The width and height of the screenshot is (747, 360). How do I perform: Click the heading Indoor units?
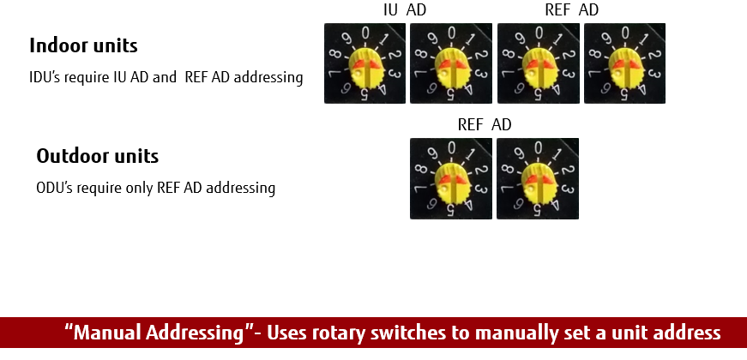click(x=83, y=45)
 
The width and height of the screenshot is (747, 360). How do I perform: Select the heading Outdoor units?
click(x=97, y=157)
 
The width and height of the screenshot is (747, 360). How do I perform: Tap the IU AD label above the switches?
click(x=404, y=10)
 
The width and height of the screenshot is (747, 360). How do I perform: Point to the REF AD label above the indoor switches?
click(x=571, y=10)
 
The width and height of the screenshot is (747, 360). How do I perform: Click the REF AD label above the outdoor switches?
click(x=484, y=125)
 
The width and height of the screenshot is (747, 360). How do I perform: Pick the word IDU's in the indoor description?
click(x=45, y=77)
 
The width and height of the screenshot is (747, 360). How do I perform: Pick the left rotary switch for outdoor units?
click(x=451, y=178)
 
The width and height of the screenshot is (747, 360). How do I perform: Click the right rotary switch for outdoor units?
click(x=538, y=178)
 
